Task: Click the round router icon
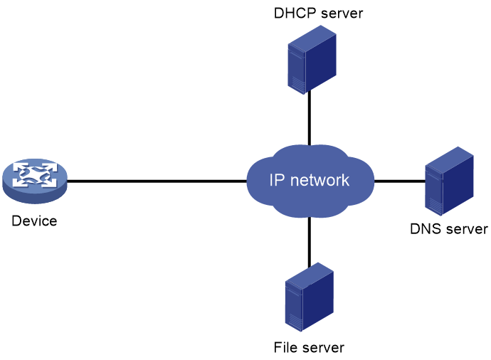pos(34,180)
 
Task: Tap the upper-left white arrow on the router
pos(21,169)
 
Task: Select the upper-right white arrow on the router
pos(48,169)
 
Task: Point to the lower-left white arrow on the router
pos(21,183)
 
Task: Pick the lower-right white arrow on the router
pos(48,183)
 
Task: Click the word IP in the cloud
pos(277,181)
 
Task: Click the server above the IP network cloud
pos(312,60)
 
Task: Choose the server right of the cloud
pos(449,181)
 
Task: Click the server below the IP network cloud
pos(309,297)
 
